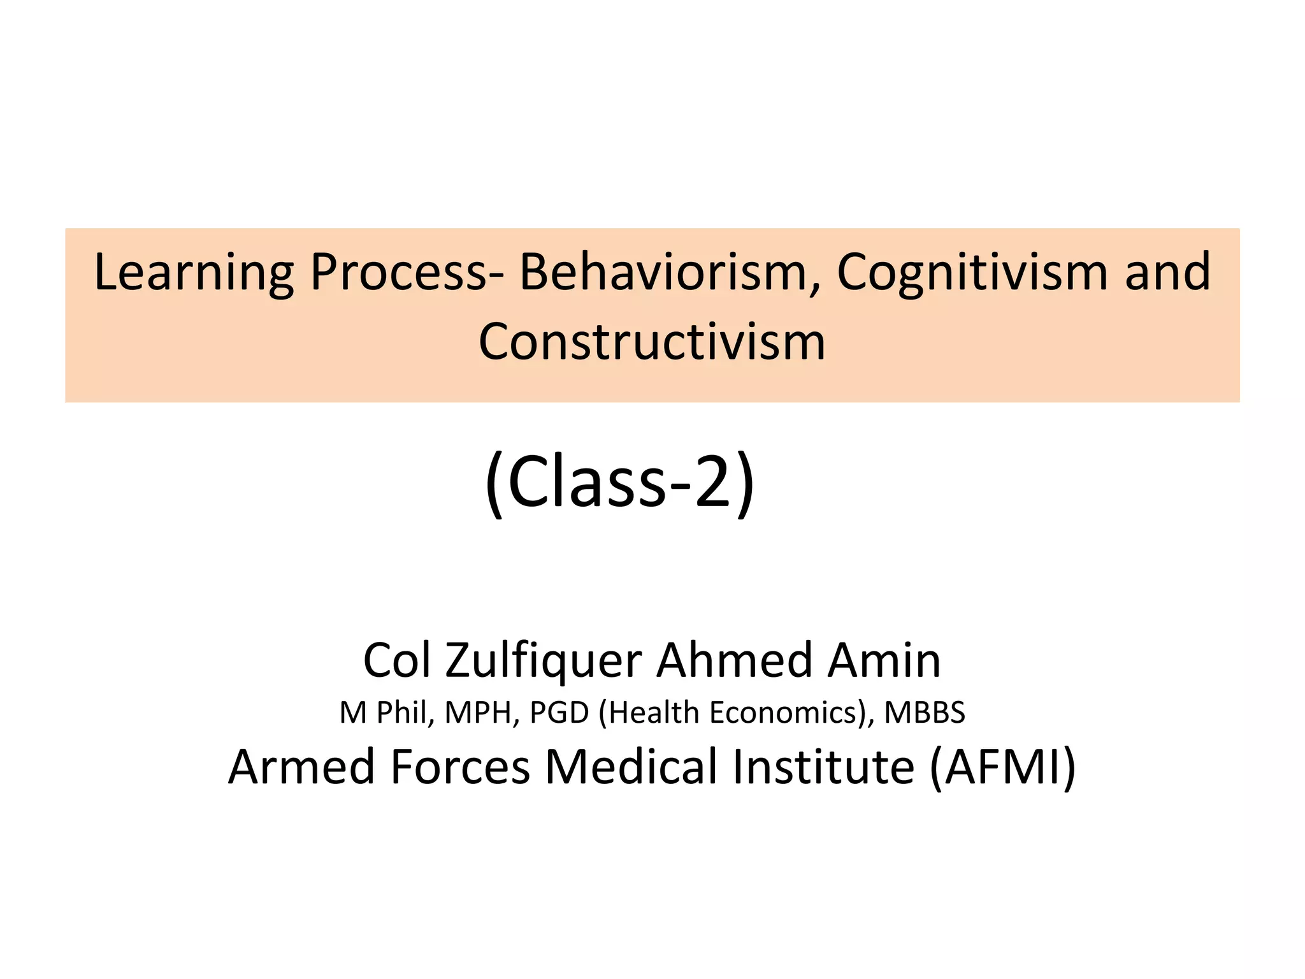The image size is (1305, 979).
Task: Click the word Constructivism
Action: pos(652,342)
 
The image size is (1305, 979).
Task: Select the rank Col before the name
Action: pos(396,660)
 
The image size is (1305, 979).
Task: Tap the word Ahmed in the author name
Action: pos(733,660)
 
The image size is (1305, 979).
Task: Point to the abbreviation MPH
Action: pos(479,713)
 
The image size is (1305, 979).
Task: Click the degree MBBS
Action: pos(925,713)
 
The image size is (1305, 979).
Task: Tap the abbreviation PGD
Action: pos(559,713)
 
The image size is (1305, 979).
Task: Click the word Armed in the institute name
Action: pos(301,766)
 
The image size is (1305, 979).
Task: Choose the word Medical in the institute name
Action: pos(631,766)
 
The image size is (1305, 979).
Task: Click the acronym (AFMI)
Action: pos(1002,767)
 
